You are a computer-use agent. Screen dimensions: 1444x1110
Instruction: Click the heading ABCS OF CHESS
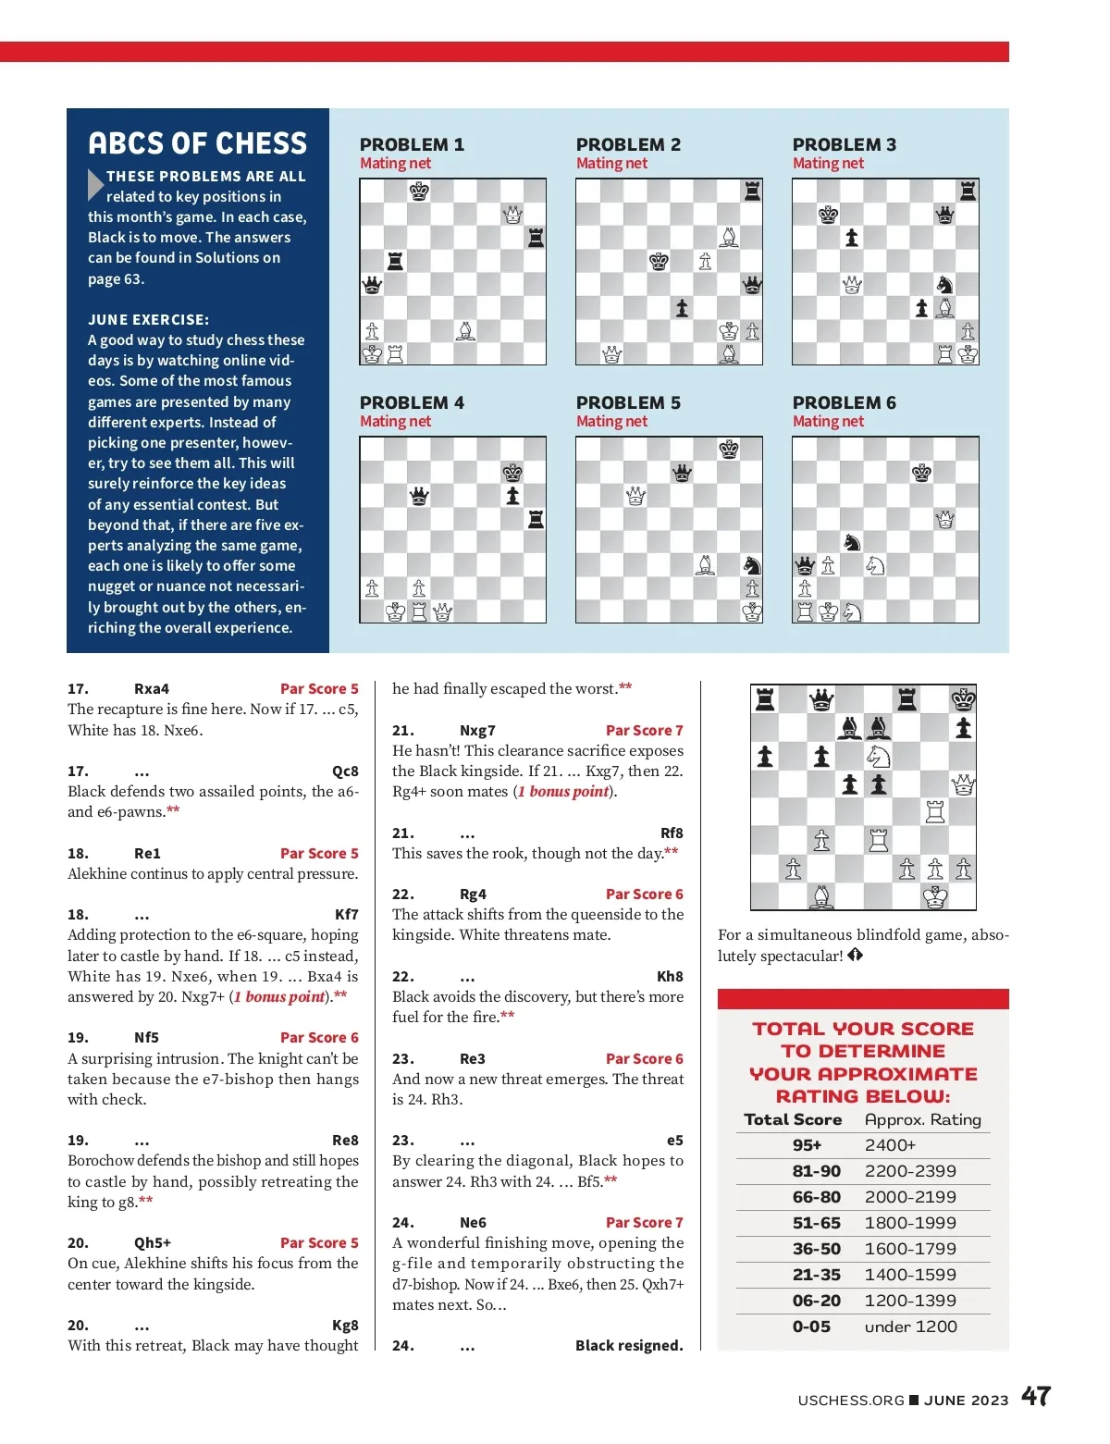tap(197, 143)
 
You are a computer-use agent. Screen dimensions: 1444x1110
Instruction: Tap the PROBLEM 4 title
tap(412, 402)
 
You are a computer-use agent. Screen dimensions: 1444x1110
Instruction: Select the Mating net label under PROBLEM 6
tap(828, 422)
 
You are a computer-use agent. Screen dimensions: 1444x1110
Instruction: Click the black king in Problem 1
tap(419, 191)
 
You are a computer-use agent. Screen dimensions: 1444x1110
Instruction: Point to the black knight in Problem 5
tap(752, 565)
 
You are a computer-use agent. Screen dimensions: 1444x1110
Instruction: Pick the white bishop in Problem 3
tap(944, 308)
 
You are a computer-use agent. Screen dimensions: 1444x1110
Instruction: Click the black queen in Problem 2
tap(752, 284)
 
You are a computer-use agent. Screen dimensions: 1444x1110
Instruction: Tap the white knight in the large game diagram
tap(878, 757)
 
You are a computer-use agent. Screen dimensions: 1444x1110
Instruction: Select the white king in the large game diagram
tap(935, 896)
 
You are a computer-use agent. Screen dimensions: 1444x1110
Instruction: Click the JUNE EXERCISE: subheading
tap(148, 319)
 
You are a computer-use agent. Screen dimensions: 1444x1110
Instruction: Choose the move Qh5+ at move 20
tap(153, 1242)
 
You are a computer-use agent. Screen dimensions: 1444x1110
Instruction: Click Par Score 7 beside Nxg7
tap(644, 730)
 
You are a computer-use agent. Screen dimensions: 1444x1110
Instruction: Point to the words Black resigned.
tap(629, 1345)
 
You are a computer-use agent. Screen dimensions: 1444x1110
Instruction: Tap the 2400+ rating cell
tap(890, 1145)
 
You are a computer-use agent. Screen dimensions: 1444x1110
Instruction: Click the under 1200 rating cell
tap(910, 1327)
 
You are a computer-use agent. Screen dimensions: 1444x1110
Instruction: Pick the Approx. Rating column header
tap(922, 1119)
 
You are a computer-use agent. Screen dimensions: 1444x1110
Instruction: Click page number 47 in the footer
tap(1036, 1396)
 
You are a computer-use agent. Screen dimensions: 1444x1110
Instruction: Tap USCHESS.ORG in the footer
tap(851, 1400)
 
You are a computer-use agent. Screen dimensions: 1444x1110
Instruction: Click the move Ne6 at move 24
tap(473, 1222)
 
